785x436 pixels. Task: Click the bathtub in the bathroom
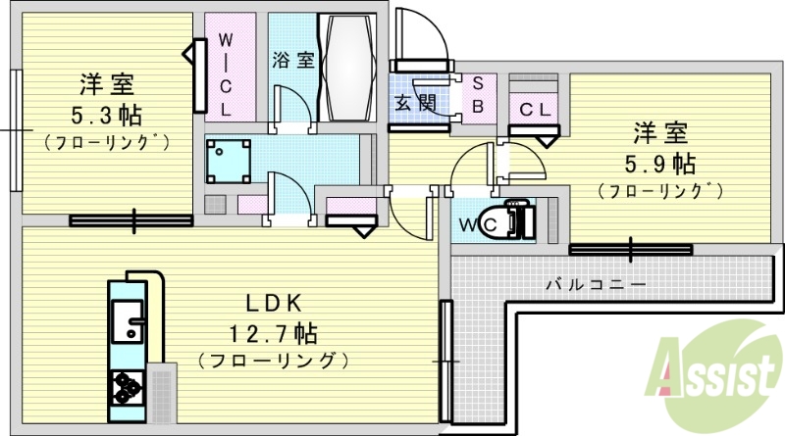[x=346, y=67]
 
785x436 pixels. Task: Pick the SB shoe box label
[x=478, y=95]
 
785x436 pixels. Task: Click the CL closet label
[x=534, y=111]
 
